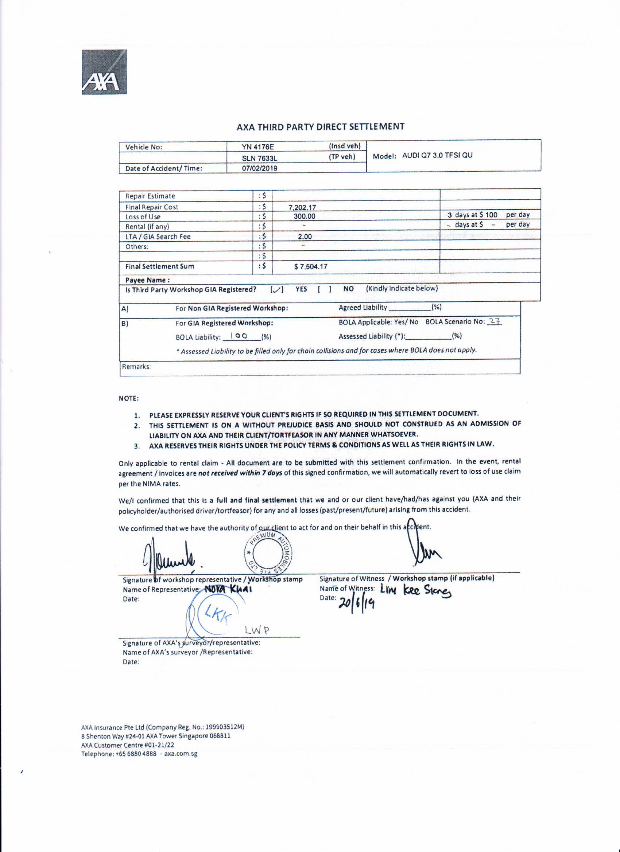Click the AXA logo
coord(104,72)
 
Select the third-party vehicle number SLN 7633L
coord(259,158)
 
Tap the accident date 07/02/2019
coord(259,168)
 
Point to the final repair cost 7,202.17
coord(302,207)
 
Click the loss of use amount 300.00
coord(305,216)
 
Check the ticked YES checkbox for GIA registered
coord(277,289)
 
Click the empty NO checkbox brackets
coord(324,289)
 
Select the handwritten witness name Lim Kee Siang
coord(415,591)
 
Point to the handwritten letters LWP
coord(257,630)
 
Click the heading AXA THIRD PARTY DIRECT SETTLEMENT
coord(320,126)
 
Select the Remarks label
coord(136,367)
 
